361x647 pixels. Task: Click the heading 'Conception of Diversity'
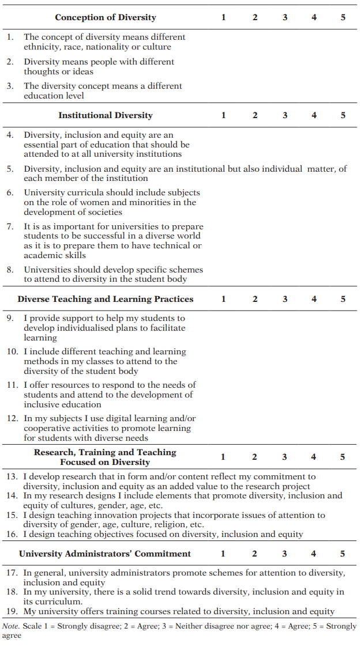tap(106, 17)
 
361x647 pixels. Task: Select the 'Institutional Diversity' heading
tap(106, 115)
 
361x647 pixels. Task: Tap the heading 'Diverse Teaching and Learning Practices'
tap(106, 299)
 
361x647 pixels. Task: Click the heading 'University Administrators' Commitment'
tap(105, 554)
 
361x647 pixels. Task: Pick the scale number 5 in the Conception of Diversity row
tap(343, 17)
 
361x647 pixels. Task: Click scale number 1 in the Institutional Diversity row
tap(224, 115)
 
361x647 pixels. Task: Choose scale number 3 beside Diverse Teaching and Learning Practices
tap(285, 299)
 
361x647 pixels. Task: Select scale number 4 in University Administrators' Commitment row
tap(314, 554)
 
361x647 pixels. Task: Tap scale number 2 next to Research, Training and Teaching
tap(254, 457)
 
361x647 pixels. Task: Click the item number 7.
tap(10, 226)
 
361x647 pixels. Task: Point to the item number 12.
tap(12, 418)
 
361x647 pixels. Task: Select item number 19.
tap(12, 611)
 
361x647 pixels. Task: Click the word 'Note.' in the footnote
tap(11, 626)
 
